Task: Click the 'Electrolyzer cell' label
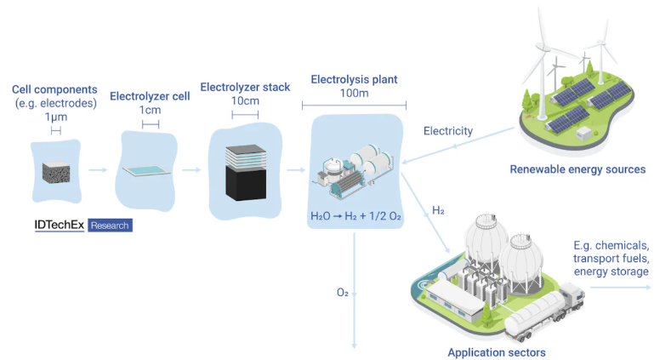150,96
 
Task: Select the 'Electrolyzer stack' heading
245,87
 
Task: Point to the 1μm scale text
54,117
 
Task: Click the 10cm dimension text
245,100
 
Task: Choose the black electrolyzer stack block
245,182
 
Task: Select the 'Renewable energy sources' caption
577,169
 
